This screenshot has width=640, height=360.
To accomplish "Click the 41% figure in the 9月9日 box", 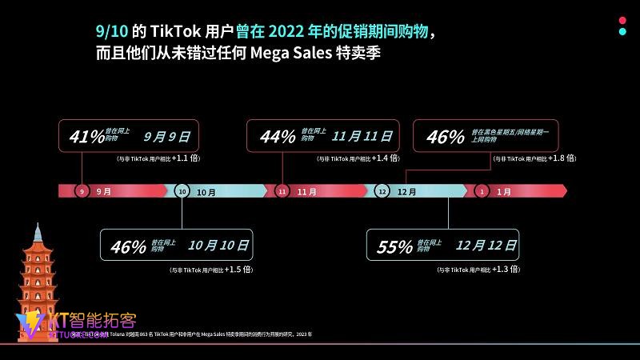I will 87,137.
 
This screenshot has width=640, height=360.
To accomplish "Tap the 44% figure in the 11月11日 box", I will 278,137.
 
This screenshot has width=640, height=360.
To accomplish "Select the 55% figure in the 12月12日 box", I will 394,247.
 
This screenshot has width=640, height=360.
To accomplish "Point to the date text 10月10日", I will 218,246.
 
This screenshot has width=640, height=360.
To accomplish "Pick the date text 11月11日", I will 362,136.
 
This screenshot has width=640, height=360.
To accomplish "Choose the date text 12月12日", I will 486,246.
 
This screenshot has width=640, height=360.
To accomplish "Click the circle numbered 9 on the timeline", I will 82,191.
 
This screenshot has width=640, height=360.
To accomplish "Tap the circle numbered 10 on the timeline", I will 182,191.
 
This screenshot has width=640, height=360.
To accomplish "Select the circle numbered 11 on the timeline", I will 282,191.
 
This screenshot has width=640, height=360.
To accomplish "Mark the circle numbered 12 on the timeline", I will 382,191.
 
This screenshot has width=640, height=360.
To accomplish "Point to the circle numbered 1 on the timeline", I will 482,191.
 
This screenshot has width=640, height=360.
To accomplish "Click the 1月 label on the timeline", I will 504,192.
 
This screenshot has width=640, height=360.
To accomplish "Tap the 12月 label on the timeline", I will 406,192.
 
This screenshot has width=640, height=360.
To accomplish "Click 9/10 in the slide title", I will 109,32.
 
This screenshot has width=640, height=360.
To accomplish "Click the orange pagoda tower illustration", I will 38,272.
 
